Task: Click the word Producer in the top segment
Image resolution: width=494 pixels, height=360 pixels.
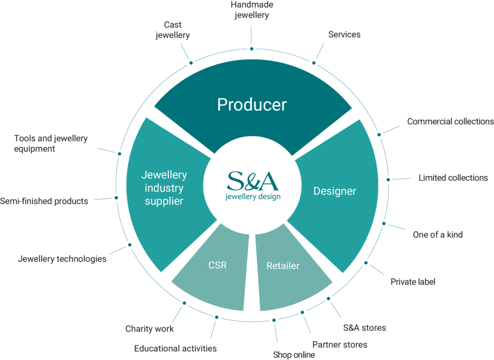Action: click(252, 105)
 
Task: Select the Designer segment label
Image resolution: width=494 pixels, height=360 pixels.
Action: click(335, 191)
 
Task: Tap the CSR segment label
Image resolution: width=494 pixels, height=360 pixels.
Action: click(218, 265)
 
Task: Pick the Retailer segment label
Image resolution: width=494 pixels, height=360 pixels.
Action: click(283, 266)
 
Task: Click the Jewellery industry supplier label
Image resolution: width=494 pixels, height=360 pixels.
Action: click(164, 188)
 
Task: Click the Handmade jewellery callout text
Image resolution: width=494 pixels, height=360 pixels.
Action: click(252, 10)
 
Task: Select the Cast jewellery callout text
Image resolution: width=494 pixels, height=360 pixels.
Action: click(173, 30)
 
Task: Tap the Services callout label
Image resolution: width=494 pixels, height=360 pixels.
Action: click(344, 34)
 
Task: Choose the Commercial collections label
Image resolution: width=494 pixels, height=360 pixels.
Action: click(451, 121)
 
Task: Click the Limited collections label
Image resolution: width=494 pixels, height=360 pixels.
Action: click(453, 178)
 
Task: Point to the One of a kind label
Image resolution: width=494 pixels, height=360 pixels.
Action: click(438, 235)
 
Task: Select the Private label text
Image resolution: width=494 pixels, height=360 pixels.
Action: click(413, 282)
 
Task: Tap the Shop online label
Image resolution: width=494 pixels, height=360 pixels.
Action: click(294, 355)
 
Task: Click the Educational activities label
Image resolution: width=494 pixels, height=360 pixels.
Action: click(176, 348)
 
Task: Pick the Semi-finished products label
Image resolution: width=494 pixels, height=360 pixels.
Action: click(44, 201)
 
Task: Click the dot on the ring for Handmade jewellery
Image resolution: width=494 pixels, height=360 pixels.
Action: click(252, 49)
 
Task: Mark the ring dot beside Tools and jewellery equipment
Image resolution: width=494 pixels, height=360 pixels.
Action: click(120, 154)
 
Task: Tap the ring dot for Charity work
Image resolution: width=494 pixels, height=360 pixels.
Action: click(184, 303)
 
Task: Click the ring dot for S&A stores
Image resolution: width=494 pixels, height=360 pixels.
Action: click(328, 299)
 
